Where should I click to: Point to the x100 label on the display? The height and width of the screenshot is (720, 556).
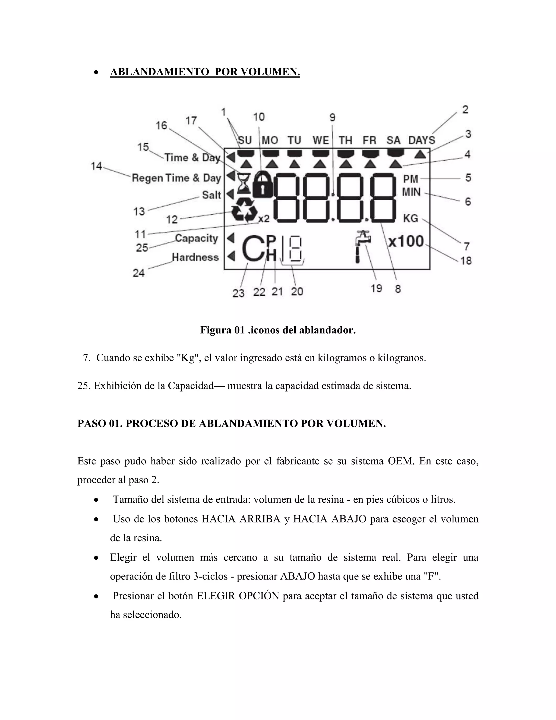click(406, 242)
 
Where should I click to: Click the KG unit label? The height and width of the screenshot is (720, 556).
click(410, 218)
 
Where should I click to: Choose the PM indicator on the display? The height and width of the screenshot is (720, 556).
click(411, 179)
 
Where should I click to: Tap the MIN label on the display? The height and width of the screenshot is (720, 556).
click(411, 192)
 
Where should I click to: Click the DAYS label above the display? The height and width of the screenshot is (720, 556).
click(422, 140)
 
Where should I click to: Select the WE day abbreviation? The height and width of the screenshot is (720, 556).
click(321, 140)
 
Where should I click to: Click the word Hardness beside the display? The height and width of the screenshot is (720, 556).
click(195, 257)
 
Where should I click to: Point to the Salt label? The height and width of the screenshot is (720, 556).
click(211, 195)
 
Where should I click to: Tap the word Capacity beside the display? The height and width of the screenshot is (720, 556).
click(196, 238)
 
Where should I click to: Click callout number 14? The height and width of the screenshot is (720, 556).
click(96, 166)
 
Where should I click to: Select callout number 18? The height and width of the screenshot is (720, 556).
click(466, 261)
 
